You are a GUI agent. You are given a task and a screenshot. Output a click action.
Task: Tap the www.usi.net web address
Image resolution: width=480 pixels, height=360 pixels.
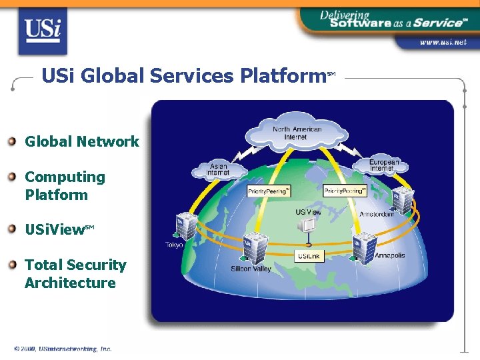[443, 42]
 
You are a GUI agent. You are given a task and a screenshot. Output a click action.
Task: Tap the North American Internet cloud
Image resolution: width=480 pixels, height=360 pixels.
[296, 132]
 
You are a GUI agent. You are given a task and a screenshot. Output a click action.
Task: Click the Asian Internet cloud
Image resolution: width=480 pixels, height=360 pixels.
[219, 169]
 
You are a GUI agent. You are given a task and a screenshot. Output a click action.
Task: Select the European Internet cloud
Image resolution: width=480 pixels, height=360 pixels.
[385, 164]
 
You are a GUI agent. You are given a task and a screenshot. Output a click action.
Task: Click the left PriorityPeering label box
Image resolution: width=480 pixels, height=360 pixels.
[269, 191]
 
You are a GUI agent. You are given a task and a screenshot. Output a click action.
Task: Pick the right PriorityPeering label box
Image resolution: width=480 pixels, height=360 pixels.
[345, 191]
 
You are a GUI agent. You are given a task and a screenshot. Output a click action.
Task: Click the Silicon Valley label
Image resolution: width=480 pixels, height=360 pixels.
[251, 269]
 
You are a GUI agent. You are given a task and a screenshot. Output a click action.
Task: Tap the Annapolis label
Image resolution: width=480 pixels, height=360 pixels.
[389, 255]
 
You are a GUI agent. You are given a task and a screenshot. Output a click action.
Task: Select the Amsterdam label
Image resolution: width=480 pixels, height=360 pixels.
[377, 214]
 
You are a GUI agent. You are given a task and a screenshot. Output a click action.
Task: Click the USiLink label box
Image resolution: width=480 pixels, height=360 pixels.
[309, 256]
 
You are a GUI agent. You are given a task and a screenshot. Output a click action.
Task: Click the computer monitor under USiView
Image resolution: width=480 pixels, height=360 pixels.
[308, 226]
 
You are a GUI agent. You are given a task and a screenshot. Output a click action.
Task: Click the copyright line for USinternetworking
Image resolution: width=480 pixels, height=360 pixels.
[63, 348]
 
